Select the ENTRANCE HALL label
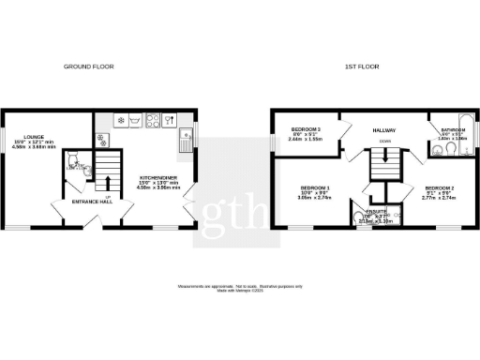pyautogui.click(x=94, y=202)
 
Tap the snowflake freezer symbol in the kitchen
pyautogui.click(x=171, y=119)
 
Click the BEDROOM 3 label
pyautogui.click(x=306, y=129)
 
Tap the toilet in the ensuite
pyautogui.click(x=361, y=218)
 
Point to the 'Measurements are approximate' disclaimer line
pyautogui.click(x=240, y=282)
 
